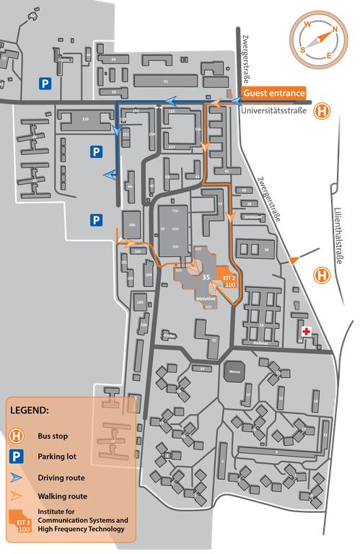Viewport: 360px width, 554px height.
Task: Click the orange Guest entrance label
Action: tap(274, 93)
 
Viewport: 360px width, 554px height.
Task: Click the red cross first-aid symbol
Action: tap(306, 332)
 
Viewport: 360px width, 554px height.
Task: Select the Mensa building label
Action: tap(234, 373)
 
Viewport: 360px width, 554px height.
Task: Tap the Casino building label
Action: tap(64, 61)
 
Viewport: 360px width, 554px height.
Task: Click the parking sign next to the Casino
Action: tap(45, 84)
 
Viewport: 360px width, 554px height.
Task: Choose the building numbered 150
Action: tap(85, 118)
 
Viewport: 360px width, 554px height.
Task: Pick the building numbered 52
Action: tap(166, 82)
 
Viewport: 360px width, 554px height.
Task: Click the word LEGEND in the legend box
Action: tap(30, 410)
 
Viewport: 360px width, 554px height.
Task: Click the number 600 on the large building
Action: tap(174, 229)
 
